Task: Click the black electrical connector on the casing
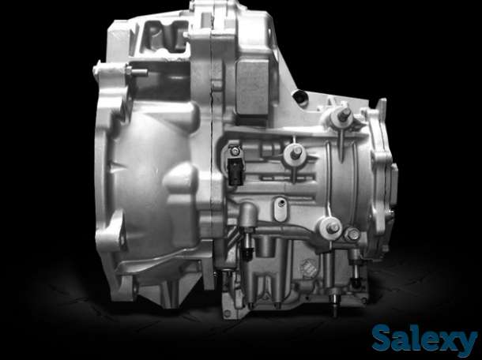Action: tap(235, 172)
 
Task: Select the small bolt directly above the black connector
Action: tap(235, 151)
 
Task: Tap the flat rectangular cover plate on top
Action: tap(252, 87)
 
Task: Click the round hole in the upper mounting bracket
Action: tap(300, 98)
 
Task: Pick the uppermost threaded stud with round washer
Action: tap(341, 117)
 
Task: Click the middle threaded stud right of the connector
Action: tap(295, 154)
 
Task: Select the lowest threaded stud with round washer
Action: tap(331, 228)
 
